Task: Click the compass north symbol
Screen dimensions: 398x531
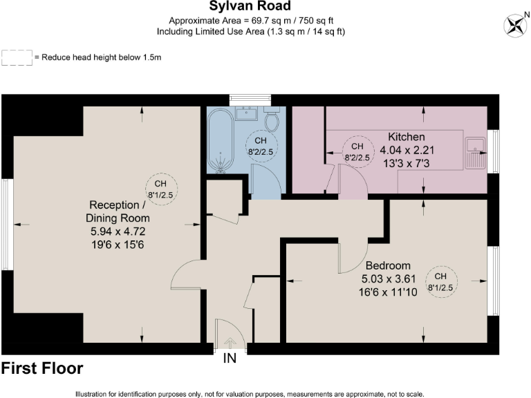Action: click(515, 26)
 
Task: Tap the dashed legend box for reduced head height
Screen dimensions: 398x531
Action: click(17, 57)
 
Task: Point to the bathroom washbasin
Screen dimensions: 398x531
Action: click(246, 113)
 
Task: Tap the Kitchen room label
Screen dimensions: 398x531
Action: click(406, 137)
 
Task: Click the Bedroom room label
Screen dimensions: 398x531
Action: click(388, 265)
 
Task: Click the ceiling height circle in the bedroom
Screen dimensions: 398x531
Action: click(441, 282)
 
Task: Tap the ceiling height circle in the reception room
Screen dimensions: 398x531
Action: click(160, 189)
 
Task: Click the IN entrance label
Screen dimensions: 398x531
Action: click(230, 359)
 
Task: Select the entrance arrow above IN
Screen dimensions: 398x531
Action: click(230, 341)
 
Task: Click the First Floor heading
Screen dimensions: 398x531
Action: click(43, 368)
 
